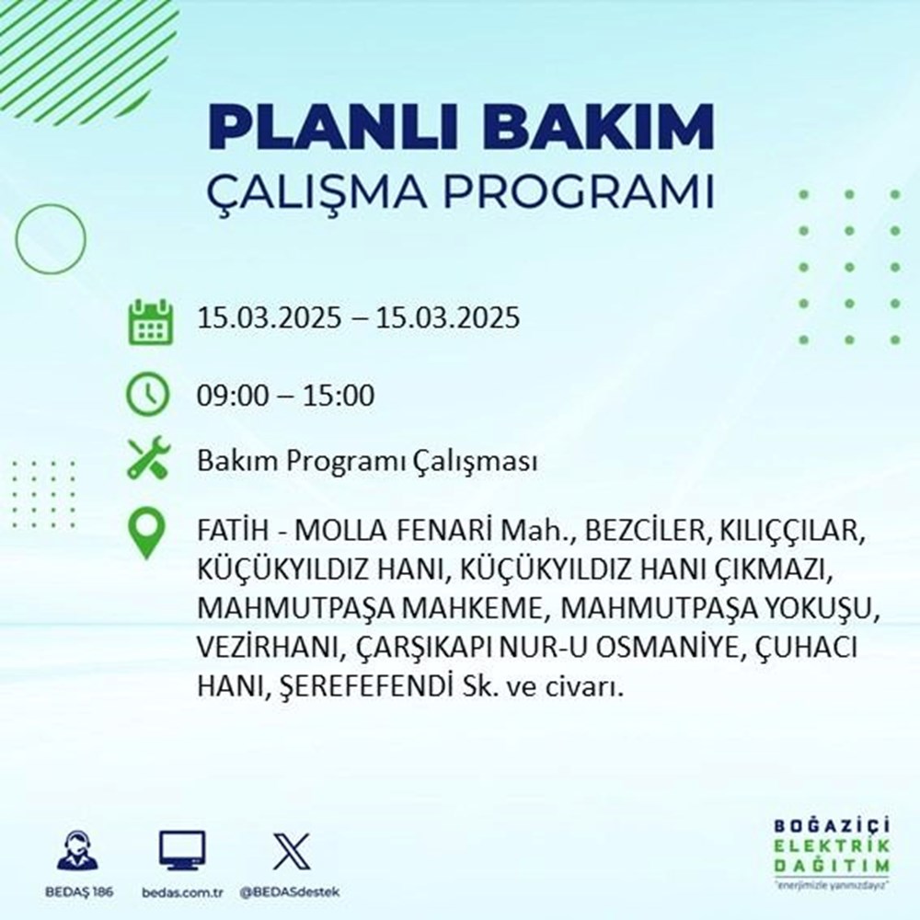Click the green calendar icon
coord(149,320)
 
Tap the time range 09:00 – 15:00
coord(285,397)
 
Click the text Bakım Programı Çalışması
coord(367,462)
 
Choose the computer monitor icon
coord(182,851)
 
